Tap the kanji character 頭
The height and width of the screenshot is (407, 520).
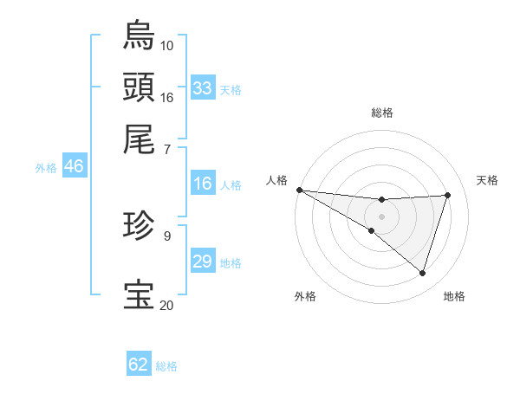pos(140,87)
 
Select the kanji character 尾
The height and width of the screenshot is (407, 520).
pos(140,138)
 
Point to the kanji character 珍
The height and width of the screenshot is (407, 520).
pos(140,226)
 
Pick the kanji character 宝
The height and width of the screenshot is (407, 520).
pos(140,295)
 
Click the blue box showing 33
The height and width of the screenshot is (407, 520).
pos(203,87)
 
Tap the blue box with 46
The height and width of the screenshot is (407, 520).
pos(74,166)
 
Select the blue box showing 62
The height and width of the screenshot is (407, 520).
pos(139,365)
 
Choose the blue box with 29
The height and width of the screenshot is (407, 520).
pos(203,262)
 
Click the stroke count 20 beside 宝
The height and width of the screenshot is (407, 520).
pos(166,304)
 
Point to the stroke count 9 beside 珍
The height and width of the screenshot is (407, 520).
pos(166,234)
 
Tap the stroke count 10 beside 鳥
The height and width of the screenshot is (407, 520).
pos(166,44)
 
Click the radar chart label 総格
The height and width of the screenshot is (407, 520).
pos(381,113)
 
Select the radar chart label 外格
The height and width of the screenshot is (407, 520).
pos(305,296)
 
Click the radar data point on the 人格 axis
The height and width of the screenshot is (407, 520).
pos(299,190)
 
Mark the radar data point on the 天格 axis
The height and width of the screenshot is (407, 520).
pos(447,195)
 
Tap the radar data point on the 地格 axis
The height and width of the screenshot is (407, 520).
pos(422,273)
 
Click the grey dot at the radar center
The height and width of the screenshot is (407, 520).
pos(381,216)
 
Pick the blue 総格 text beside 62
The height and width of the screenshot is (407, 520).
pos(166,365)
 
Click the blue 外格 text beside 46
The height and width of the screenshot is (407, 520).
pos(45,168)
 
